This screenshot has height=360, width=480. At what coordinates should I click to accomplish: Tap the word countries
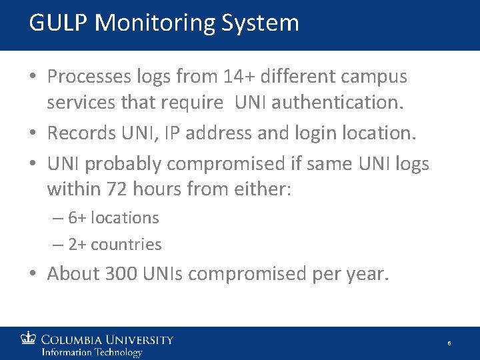point(126,245)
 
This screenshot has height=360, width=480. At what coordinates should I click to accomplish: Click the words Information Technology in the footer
point(91,352)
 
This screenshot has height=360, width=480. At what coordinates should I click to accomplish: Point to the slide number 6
point(449,343)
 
